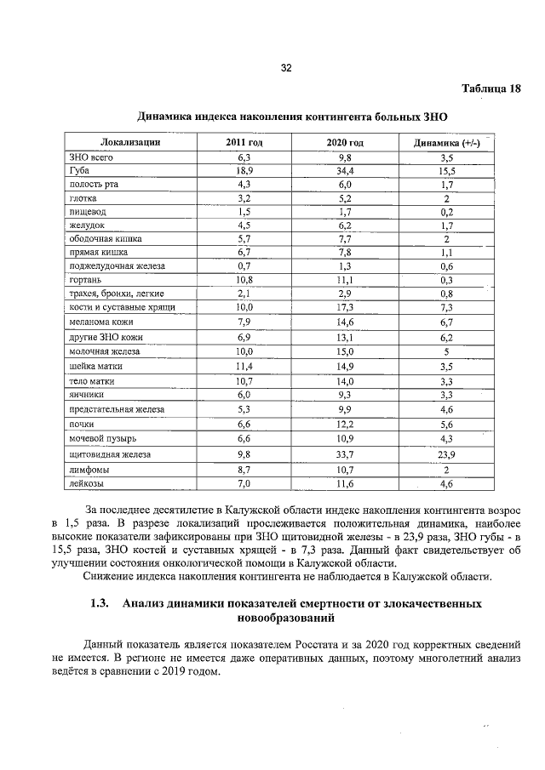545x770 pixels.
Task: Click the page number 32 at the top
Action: pos(286,68)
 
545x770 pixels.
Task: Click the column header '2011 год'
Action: pos(244,142)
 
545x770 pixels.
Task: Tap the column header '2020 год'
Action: pos(345,142)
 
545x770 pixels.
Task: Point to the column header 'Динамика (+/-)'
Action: pos(446,142)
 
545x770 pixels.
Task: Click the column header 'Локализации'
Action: pos(130,142)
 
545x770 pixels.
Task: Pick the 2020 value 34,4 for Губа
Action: pos(345,171)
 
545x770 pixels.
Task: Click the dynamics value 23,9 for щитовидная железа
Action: pos(446,454)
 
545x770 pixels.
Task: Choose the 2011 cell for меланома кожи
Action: pos(244,322)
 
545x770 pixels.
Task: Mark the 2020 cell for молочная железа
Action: pos(345,351)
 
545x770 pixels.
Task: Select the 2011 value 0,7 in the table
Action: pos(244,266)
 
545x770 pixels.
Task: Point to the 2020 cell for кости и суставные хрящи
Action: pos(345,305)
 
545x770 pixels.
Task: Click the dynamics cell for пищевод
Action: pos(446,211)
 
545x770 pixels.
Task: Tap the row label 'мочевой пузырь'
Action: pos(100,437)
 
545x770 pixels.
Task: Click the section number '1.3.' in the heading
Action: pos(100,604)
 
